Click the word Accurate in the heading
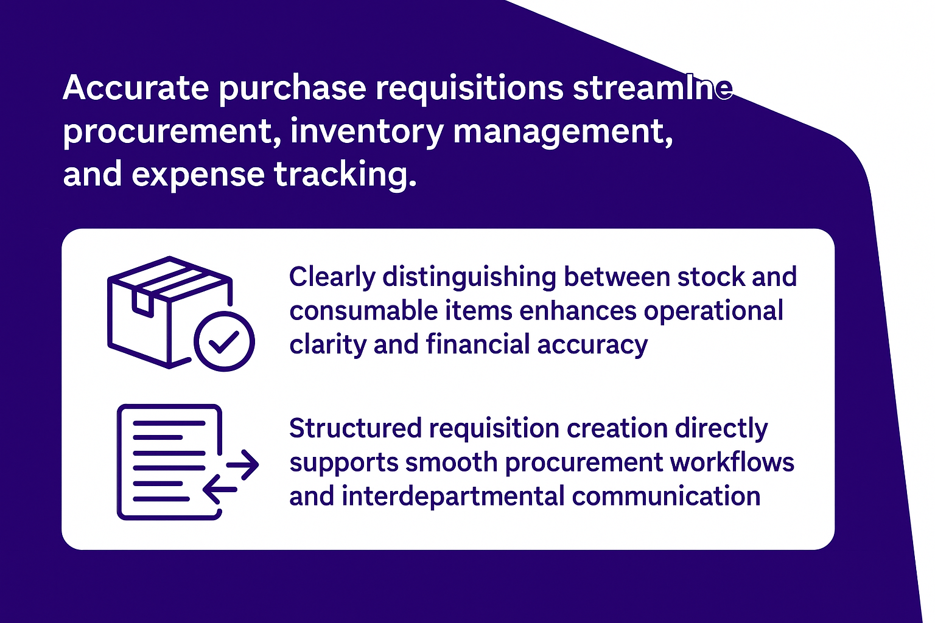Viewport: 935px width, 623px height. tap(136, 88)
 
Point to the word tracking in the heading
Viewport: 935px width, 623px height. tap(345, 175)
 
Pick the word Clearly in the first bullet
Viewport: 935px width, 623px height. tap(332, 278)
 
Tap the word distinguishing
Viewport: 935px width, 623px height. tap(469, 278)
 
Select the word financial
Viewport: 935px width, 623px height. tap(478, 345)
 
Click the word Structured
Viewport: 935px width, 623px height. tap(355, 428)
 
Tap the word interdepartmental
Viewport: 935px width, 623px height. tap(453, 496)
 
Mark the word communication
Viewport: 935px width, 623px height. tap(666, 496)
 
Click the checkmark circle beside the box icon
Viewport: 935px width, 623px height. tap(224, 341)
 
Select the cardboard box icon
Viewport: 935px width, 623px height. tap(170, 312)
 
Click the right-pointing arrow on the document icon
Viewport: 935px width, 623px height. tap(242, 464)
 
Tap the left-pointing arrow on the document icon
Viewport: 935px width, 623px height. tap(220, 490)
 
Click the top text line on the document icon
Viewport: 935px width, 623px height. tap(169, 423)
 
